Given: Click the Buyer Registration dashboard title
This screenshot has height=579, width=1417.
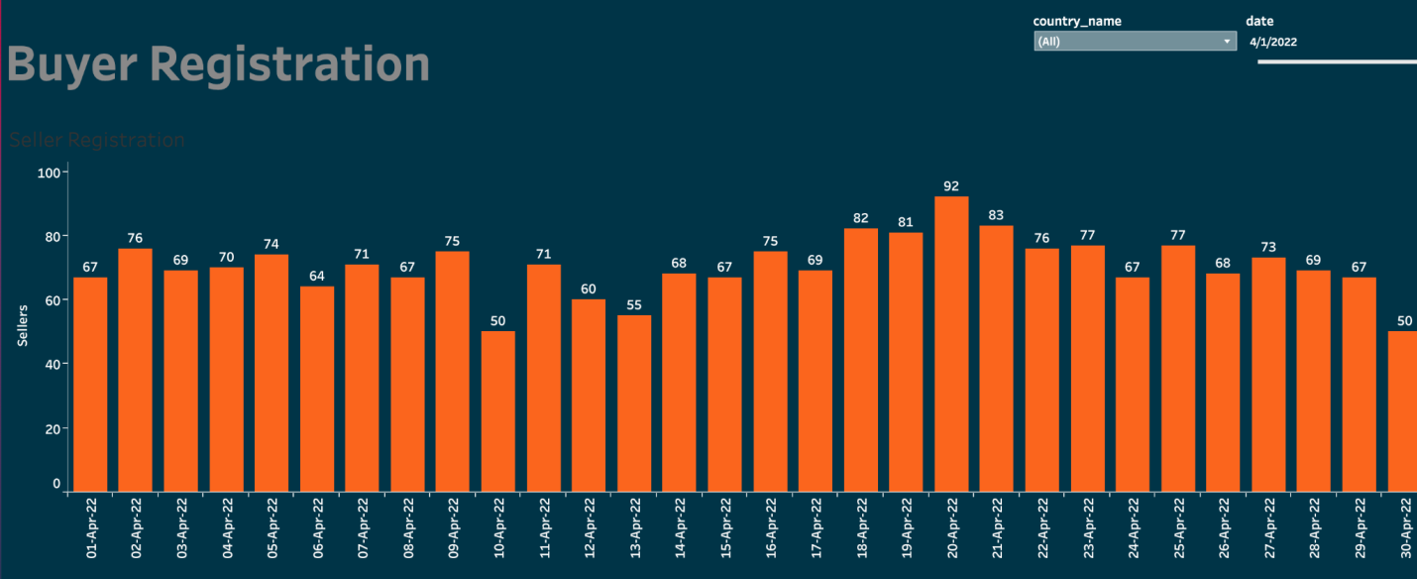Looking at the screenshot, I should [x=218, y=64].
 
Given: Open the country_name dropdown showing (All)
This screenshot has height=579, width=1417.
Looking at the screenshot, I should [x=1135, y=42].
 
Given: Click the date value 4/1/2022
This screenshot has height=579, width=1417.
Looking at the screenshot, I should [x=1273, y=42].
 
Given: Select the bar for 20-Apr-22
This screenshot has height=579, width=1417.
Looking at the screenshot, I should [x=951, y=342].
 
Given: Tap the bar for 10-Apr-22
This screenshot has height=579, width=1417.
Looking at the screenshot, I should [x=498, y=410].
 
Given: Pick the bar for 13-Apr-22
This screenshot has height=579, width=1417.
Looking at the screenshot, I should [x=634, y=403].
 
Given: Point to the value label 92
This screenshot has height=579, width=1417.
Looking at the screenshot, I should [x=951, y=186].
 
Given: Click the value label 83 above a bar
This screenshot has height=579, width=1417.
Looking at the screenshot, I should [x=997, y=215].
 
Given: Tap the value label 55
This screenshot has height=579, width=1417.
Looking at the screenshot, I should [x=634, y=304].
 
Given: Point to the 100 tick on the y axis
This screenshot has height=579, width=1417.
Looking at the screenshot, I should [x=49, y=173].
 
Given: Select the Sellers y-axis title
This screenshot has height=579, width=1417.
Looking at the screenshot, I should [x=23, y=326].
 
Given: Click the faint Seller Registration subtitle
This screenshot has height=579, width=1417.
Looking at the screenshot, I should [x=97, y=141].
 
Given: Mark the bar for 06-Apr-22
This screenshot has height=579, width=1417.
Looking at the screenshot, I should [x=317, y=389].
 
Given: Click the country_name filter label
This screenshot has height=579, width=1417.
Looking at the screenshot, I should [x=1077, y=21].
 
